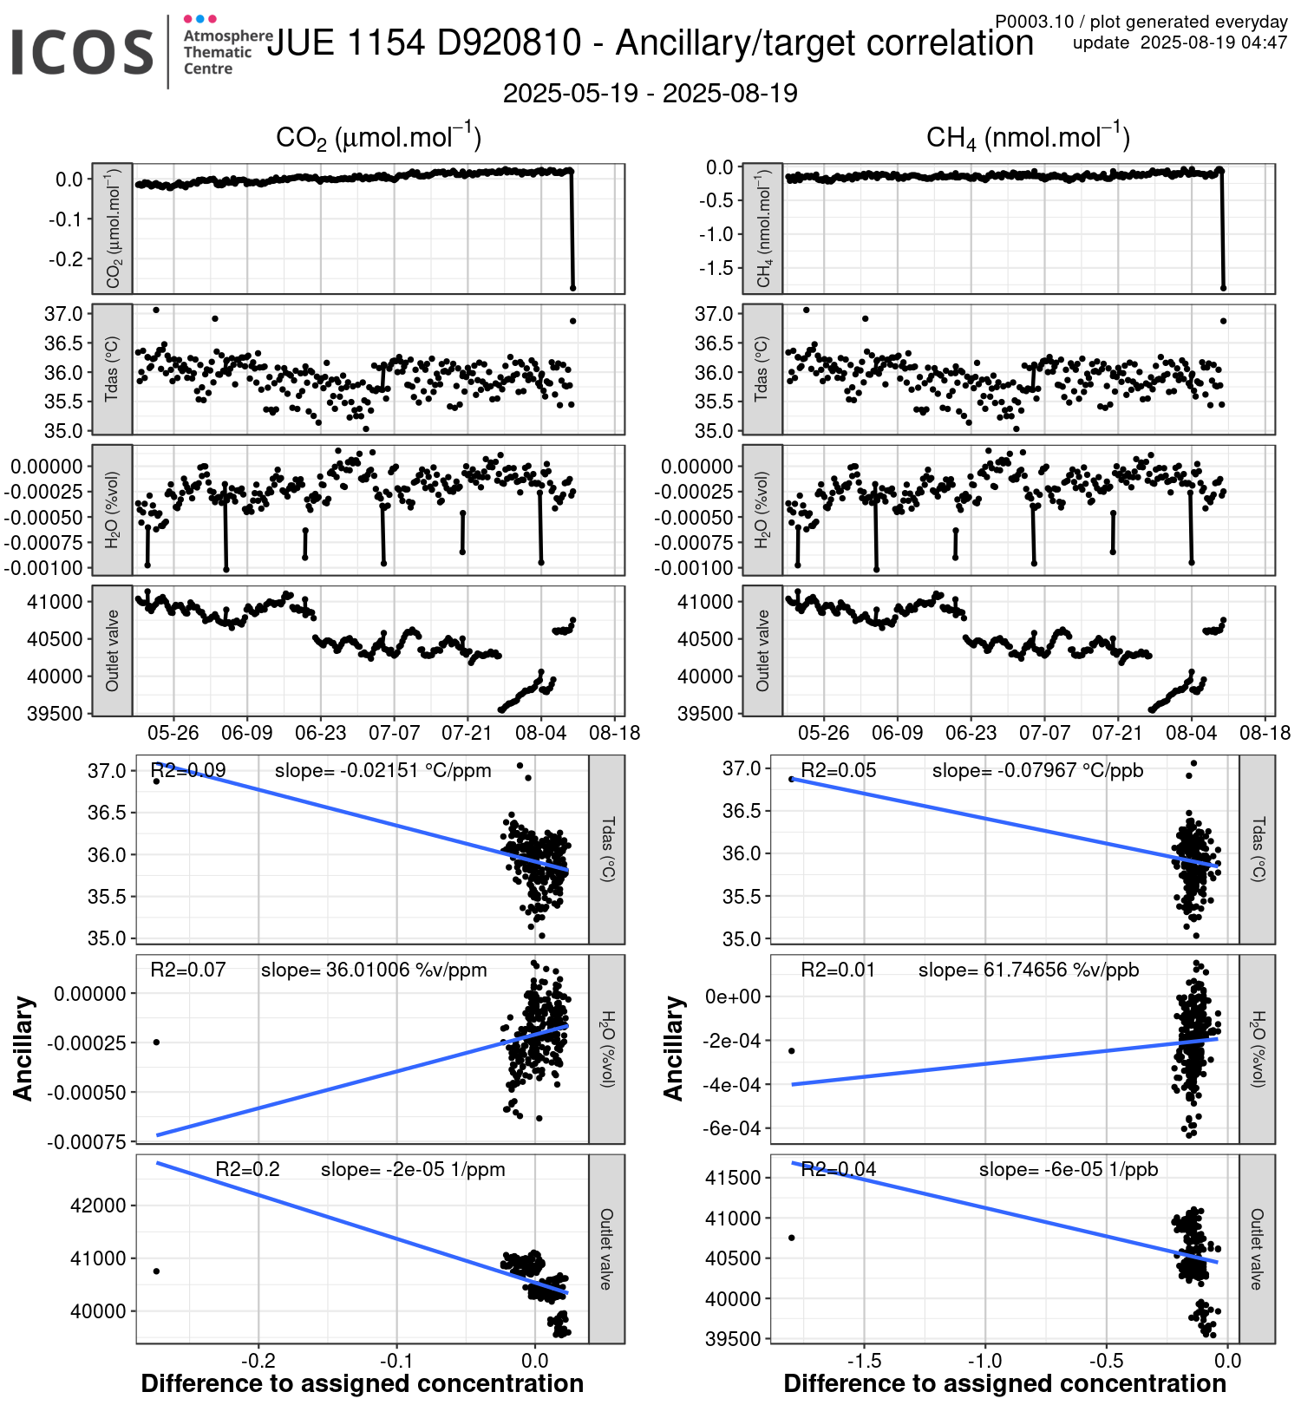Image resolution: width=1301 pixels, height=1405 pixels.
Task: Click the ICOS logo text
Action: (x=82, y=52)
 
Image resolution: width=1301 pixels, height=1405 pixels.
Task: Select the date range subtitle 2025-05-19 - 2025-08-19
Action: (x=650, y=94)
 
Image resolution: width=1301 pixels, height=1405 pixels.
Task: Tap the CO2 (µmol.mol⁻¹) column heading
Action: (x=378, y=137)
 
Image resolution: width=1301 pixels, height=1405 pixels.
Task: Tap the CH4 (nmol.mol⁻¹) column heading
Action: (x=1028, y=137)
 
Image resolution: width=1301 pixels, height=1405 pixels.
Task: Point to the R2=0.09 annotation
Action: (x=188, y=770)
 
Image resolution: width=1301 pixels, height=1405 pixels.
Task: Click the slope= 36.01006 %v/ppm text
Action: (x=374, y=970)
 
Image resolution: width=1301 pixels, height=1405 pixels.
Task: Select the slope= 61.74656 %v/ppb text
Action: (x=1029, y=970)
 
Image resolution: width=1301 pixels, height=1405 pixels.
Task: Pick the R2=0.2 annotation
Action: (x=247, y=1169)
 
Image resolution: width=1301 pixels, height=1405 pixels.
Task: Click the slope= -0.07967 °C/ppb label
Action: (x=1037, y=770)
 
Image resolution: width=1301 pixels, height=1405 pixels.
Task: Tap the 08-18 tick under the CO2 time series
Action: (x=615, y=733)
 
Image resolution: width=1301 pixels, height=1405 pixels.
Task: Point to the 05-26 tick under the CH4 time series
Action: (x=823, y=733)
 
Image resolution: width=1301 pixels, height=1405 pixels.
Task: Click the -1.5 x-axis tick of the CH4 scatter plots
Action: (x=864, y=1361)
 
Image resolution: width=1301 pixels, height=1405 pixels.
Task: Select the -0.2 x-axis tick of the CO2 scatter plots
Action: (x=257, y=1361)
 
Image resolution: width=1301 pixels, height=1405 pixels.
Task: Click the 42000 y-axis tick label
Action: (x=97, y=1206)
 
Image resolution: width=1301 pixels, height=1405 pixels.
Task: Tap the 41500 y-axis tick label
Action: (x=732, y=1178)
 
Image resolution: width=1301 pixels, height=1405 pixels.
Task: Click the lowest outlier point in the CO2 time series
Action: (x=572, y=288)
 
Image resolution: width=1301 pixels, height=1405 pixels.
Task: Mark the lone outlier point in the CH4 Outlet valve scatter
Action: (x=791, y=1238)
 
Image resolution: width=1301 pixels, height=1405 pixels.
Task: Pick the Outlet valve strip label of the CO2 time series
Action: (x=112, y=650)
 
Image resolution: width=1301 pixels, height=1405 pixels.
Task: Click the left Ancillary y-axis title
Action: (x=23, y=1049)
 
